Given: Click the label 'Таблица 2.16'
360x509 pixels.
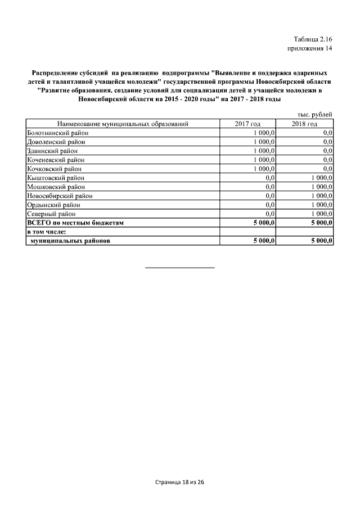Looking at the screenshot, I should click(x=313, y=39).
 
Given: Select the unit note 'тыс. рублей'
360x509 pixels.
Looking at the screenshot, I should click(x=315, y=115).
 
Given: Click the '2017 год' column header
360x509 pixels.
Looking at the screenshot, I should click(x=247, y=124).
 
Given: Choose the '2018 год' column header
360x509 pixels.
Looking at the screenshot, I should click(x=304, y=124).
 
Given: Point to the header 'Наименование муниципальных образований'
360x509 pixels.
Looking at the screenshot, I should click(x=122, y=124).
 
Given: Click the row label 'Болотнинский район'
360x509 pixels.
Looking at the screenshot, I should click(x=58, y=133).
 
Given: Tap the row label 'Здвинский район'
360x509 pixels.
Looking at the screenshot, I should click(x=52, y=151).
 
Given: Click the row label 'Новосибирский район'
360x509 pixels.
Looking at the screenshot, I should click(x=60, y=196).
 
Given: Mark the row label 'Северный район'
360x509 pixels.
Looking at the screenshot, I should click(x=51, y=214).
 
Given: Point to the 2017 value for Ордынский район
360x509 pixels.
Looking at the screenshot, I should click(x=269, y=205).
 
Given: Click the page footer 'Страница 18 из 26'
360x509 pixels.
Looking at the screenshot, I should click(x=179, y=483).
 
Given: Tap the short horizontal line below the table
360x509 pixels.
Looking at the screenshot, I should click(x=180, y=267).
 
